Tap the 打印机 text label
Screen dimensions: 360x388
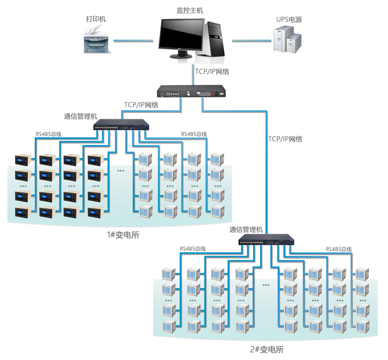tap(96, 19)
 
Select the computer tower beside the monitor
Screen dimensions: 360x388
tap(214, 39)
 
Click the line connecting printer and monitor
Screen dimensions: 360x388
tap(134, 41)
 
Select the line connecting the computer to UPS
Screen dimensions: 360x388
tap(252, 41)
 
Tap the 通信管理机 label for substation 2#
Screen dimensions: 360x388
tap(246, 229)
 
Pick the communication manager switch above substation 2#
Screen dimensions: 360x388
tap(266, 241)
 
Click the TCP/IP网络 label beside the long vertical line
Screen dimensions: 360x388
tap(285, 139)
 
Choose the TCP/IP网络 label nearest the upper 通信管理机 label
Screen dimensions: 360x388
tap(141, 105)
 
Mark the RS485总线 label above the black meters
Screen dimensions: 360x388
tap(49, 134)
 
